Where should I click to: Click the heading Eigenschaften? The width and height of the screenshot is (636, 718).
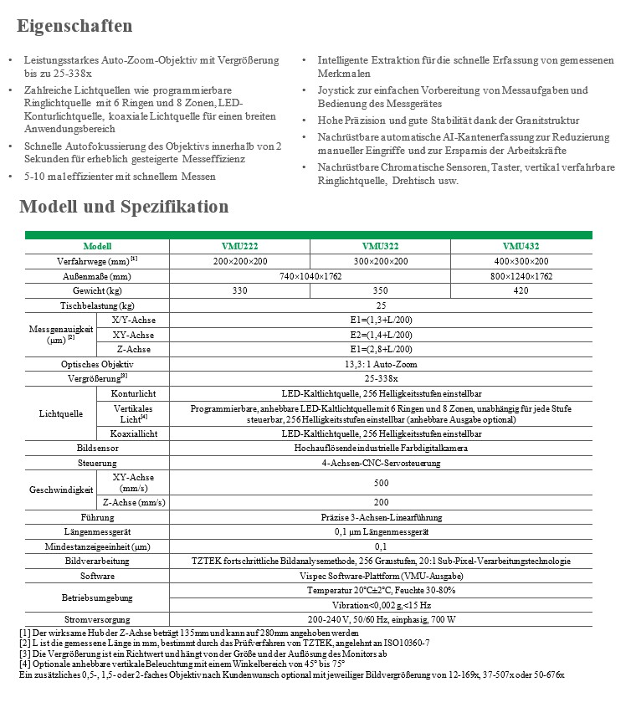tap(74, 26)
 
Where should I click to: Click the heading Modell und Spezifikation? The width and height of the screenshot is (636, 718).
tap(124, 207)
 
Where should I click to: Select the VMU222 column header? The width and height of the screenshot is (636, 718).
tap(239, 246)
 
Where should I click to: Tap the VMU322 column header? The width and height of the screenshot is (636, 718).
tap(380, 246)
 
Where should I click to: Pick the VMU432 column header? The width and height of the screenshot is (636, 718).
tap(521, 246)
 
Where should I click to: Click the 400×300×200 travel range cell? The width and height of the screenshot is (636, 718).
tap(521, 260)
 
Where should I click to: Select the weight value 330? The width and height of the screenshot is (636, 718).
tap(239, 290)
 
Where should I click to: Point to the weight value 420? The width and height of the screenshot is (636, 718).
tap(521, 290)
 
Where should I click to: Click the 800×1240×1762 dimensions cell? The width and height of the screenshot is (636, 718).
tap(521, 275)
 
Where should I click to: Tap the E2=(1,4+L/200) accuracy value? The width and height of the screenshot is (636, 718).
tap(380, 335)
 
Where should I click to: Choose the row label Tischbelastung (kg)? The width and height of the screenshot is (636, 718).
tap(97, 305)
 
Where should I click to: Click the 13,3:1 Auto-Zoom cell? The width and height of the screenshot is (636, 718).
tap(380, 364)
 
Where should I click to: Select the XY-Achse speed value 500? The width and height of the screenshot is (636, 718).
tap(380, 483)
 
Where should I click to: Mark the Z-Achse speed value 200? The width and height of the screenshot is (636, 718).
tap(380, 502)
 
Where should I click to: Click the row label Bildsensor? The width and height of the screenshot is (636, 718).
tap(97, 448)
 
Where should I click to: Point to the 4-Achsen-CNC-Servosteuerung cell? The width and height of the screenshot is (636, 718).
tap(380, 462)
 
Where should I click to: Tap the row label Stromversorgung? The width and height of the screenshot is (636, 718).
tap(97, 620)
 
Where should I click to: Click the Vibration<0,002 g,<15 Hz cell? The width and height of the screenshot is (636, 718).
tap(380, 605)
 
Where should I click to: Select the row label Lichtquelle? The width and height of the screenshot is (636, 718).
tap(61, 413)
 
